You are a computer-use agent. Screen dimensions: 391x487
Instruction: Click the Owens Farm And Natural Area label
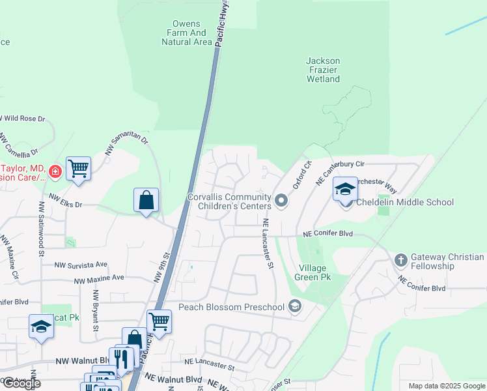pyautogui.click(x=187, y=33)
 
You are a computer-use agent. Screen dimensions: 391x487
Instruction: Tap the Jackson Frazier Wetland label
pyautogui.click(x=323, y=70)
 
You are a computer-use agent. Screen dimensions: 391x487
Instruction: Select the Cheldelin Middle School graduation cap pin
pyautogui.click(x=345, y=190)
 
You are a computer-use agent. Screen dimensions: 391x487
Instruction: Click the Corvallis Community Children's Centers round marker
pyautogui.click(x=281, y=201)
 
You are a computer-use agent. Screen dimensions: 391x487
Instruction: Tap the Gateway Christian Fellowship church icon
pyautogui.click(x=400, y=261)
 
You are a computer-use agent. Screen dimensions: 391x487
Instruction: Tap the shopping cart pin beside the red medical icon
pyautogui.click(x=78, y=169)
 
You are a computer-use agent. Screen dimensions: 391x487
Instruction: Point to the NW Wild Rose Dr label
pyautogui.click(x=23, y=119)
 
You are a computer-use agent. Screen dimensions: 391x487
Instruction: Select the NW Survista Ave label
pyautogui.click(x=81, y=265)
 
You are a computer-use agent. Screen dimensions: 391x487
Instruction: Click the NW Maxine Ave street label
pyautogui.click(x=98, y=278)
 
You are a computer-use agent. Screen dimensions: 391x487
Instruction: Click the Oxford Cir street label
pyautogui.click(x=302, y=175)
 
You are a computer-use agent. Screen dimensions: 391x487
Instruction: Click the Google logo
pyautogui.click(x=22, y=383)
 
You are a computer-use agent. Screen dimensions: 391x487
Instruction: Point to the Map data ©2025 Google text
pyautogui.click(x=446, y=386)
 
